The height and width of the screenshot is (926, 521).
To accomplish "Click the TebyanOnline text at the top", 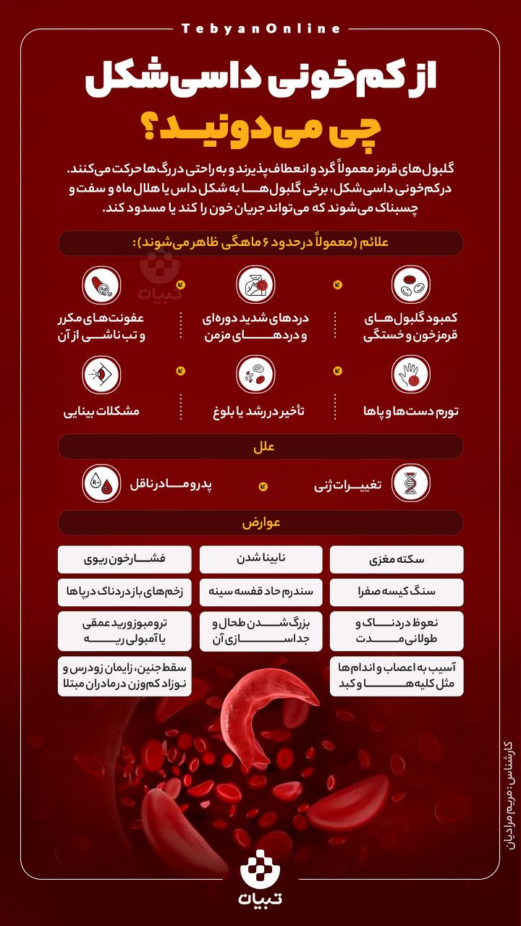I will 260,29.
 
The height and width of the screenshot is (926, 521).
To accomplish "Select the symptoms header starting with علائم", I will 260,243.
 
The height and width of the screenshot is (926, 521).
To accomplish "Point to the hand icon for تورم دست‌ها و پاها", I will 411,374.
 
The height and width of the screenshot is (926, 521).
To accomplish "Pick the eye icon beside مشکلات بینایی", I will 102,374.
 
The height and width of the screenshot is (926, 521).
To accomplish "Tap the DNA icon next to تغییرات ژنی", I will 411,484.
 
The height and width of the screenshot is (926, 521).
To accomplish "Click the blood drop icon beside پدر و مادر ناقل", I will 102,484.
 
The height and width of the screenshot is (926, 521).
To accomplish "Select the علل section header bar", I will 260,446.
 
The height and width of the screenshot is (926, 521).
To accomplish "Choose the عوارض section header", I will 260,522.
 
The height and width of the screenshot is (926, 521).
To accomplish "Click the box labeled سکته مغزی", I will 397,559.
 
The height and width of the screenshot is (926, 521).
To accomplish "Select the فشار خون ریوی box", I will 124,559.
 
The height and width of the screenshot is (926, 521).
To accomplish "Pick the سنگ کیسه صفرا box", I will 397,591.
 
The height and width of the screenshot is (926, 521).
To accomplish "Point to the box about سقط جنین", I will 124,676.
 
